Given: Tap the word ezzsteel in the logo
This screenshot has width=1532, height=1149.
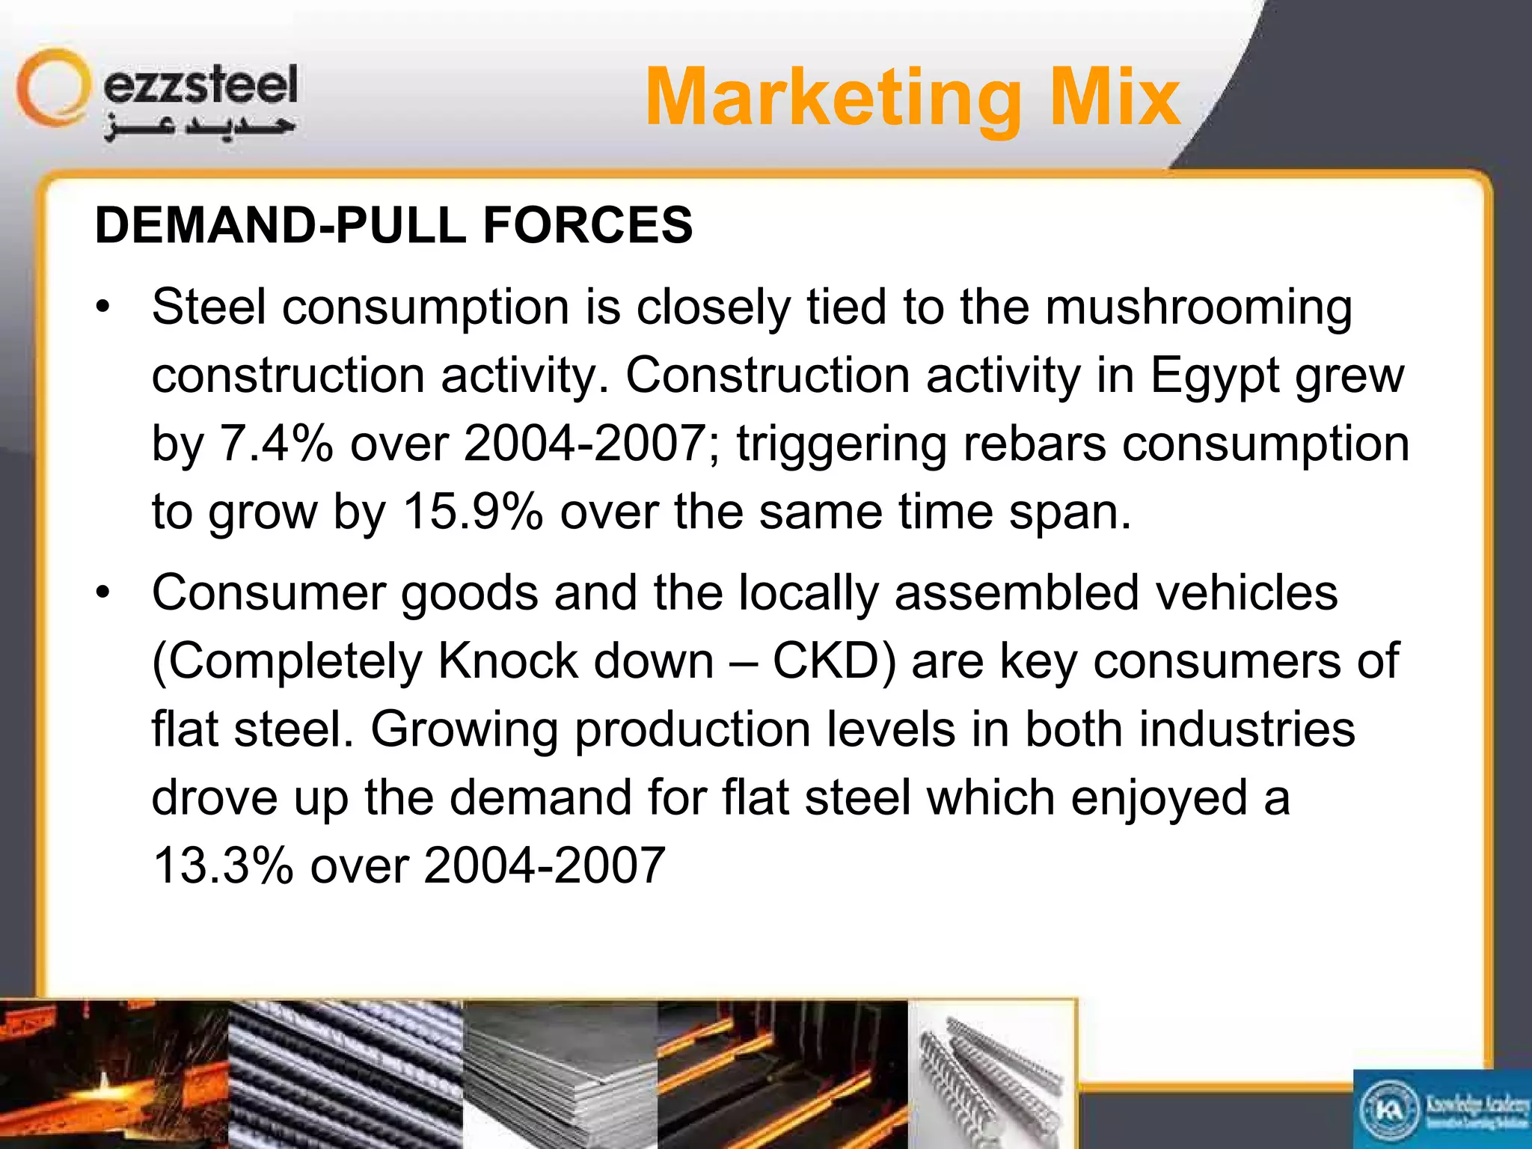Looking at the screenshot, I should pyautogui.click(x=200, y=85).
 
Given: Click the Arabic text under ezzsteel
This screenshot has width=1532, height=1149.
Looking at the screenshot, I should pyautogui.click(x=200, y=128).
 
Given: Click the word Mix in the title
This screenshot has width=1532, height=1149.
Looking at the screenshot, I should pyautogui.click(x=1115, y=98).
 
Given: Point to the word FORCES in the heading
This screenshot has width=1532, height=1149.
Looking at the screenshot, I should pyautogui.click(x=588, y=225).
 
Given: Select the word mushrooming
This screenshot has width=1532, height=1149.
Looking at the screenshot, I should pyautogui.click(x=1198, y=308).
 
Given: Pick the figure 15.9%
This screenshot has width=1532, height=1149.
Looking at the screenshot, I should pyautogui.click(x=473, y=512).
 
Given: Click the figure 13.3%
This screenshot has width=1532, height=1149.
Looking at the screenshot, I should pyautogui.click(x=223, y=865).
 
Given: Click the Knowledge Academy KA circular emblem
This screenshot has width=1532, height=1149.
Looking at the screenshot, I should pyautogui.click(x=1388, y=1110).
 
